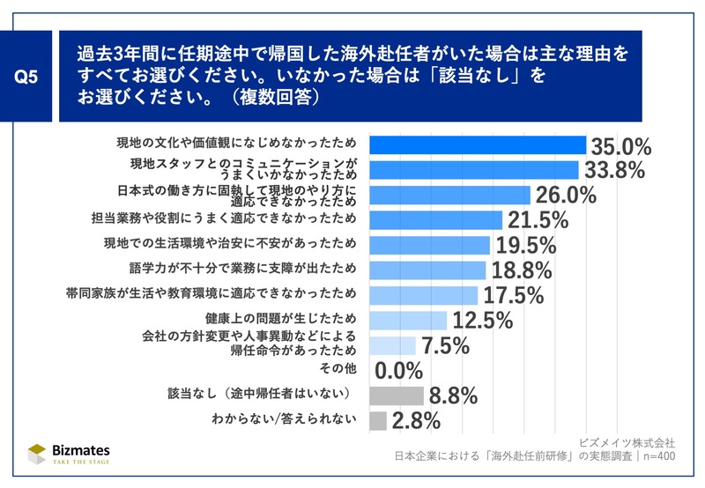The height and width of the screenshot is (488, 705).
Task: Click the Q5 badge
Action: click(x=27, y=77)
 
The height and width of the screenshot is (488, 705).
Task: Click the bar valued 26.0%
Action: click(x=449, y=195)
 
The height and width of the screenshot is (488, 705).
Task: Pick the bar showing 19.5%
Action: click(x=429, y=245)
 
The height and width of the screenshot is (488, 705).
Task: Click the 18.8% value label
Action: click(x=520, y=270)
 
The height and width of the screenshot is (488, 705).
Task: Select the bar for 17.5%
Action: click(x=423, y=295)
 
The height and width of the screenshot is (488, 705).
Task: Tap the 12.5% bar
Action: click(x=408, y=320)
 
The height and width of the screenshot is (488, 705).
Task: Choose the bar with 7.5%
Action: click(x=392, y=345)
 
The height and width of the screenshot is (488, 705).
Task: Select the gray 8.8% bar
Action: click(x=396, y=396)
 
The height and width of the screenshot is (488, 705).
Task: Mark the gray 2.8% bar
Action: click(x=378, y=420)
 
